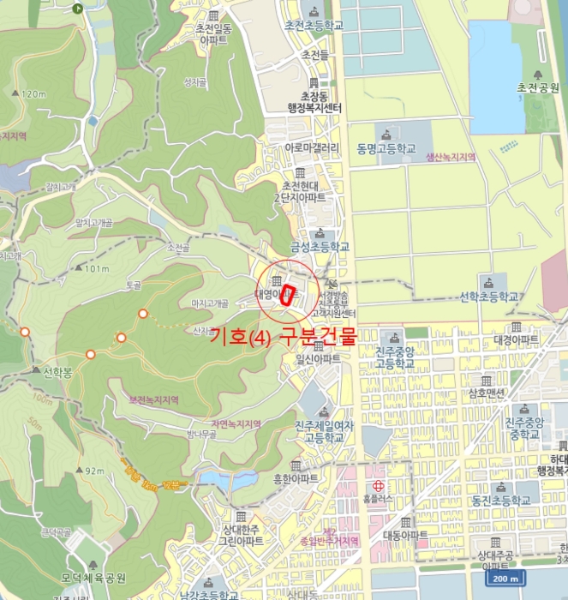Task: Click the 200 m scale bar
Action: click(x=507, y=579)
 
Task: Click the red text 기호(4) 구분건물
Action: click(x=282, y=336)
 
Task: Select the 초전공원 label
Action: click(x=537, y=87)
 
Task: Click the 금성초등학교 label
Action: click(x=320, y=247)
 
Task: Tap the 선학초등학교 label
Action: click(x=489, y=297)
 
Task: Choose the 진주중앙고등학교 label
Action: click(x=394, y=357)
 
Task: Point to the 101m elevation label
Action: click(x=97, y=269)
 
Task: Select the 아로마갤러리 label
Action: click(x=312, y=147)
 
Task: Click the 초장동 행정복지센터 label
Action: click(x=314, y=102)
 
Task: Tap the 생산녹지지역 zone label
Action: click(x=451, y=157)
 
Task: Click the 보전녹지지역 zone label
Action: click(x=152, y=399)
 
